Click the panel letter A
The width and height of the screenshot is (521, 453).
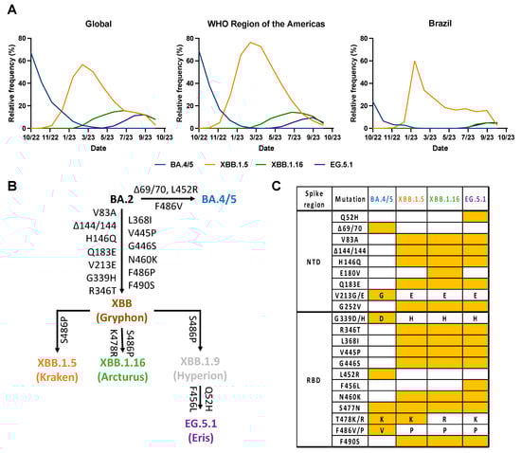(8, 7)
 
